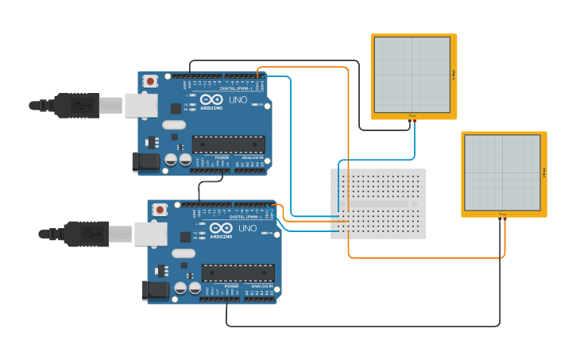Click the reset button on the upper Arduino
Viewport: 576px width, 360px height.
[150, 80]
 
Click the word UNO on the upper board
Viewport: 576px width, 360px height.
[238, 101]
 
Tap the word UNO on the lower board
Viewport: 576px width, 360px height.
[247, 228]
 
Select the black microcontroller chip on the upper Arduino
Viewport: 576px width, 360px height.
[229, 144]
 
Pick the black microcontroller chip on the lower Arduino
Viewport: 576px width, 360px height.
[238, 273]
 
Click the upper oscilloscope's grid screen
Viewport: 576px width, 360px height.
[412, 75]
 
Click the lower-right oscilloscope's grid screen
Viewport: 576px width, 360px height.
[502, 172]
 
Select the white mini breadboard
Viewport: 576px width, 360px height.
[378, 203]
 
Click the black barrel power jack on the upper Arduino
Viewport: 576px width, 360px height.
[146, 161]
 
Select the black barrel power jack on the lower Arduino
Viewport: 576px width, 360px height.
[155, 290]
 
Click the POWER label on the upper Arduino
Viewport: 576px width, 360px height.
[222, 158]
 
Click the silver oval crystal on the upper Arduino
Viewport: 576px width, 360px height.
[174, 125]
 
